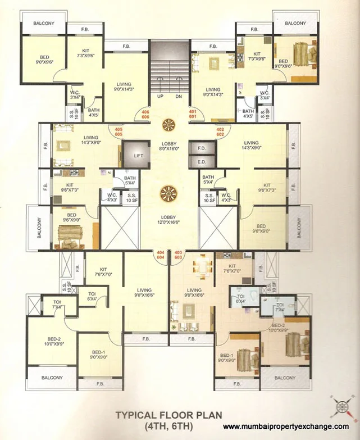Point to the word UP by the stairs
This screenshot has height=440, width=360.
pyautogui.click(x=160, y=96)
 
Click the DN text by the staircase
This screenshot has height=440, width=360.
pyautogui.click(x=179, y=96)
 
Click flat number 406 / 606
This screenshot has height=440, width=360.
pyautogui.click(x=145, y=115)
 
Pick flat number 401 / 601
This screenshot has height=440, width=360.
pyautogui.click(x=193, y=115)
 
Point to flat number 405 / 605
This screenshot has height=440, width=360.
pyautogui.click(x=119, y=132)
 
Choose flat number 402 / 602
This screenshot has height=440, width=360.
pyautogui.click(x=220, y=132)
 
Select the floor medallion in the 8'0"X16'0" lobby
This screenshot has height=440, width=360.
pyautogui.click(x=169, y=124)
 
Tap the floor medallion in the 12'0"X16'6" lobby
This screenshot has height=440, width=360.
pyautogui.click(x=169, y=194)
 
